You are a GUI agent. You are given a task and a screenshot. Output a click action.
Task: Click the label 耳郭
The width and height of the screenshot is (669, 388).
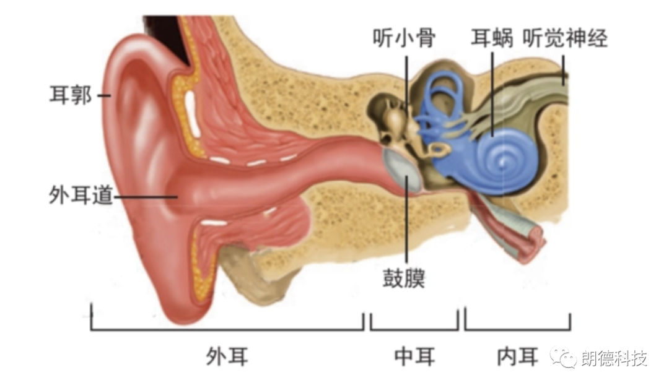click(70, 96)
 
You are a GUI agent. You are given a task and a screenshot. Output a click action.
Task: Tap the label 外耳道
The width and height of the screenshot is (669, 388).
click(81, 196)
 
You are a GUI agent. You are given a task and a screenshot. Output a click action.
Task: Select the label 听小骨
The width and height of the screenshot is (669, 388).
click(404, 39)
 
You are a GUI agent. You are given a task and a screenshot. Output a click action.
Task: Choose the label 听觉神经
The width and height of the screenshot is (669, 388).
click(565, 39)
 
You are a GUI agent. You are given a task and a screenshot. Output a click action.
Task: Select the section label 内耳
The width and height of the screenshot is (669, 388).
click(517, 356)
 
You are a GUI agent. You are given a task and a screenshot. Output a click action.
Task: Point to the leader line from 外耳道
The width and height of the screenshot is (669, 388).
click(146, 197)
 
